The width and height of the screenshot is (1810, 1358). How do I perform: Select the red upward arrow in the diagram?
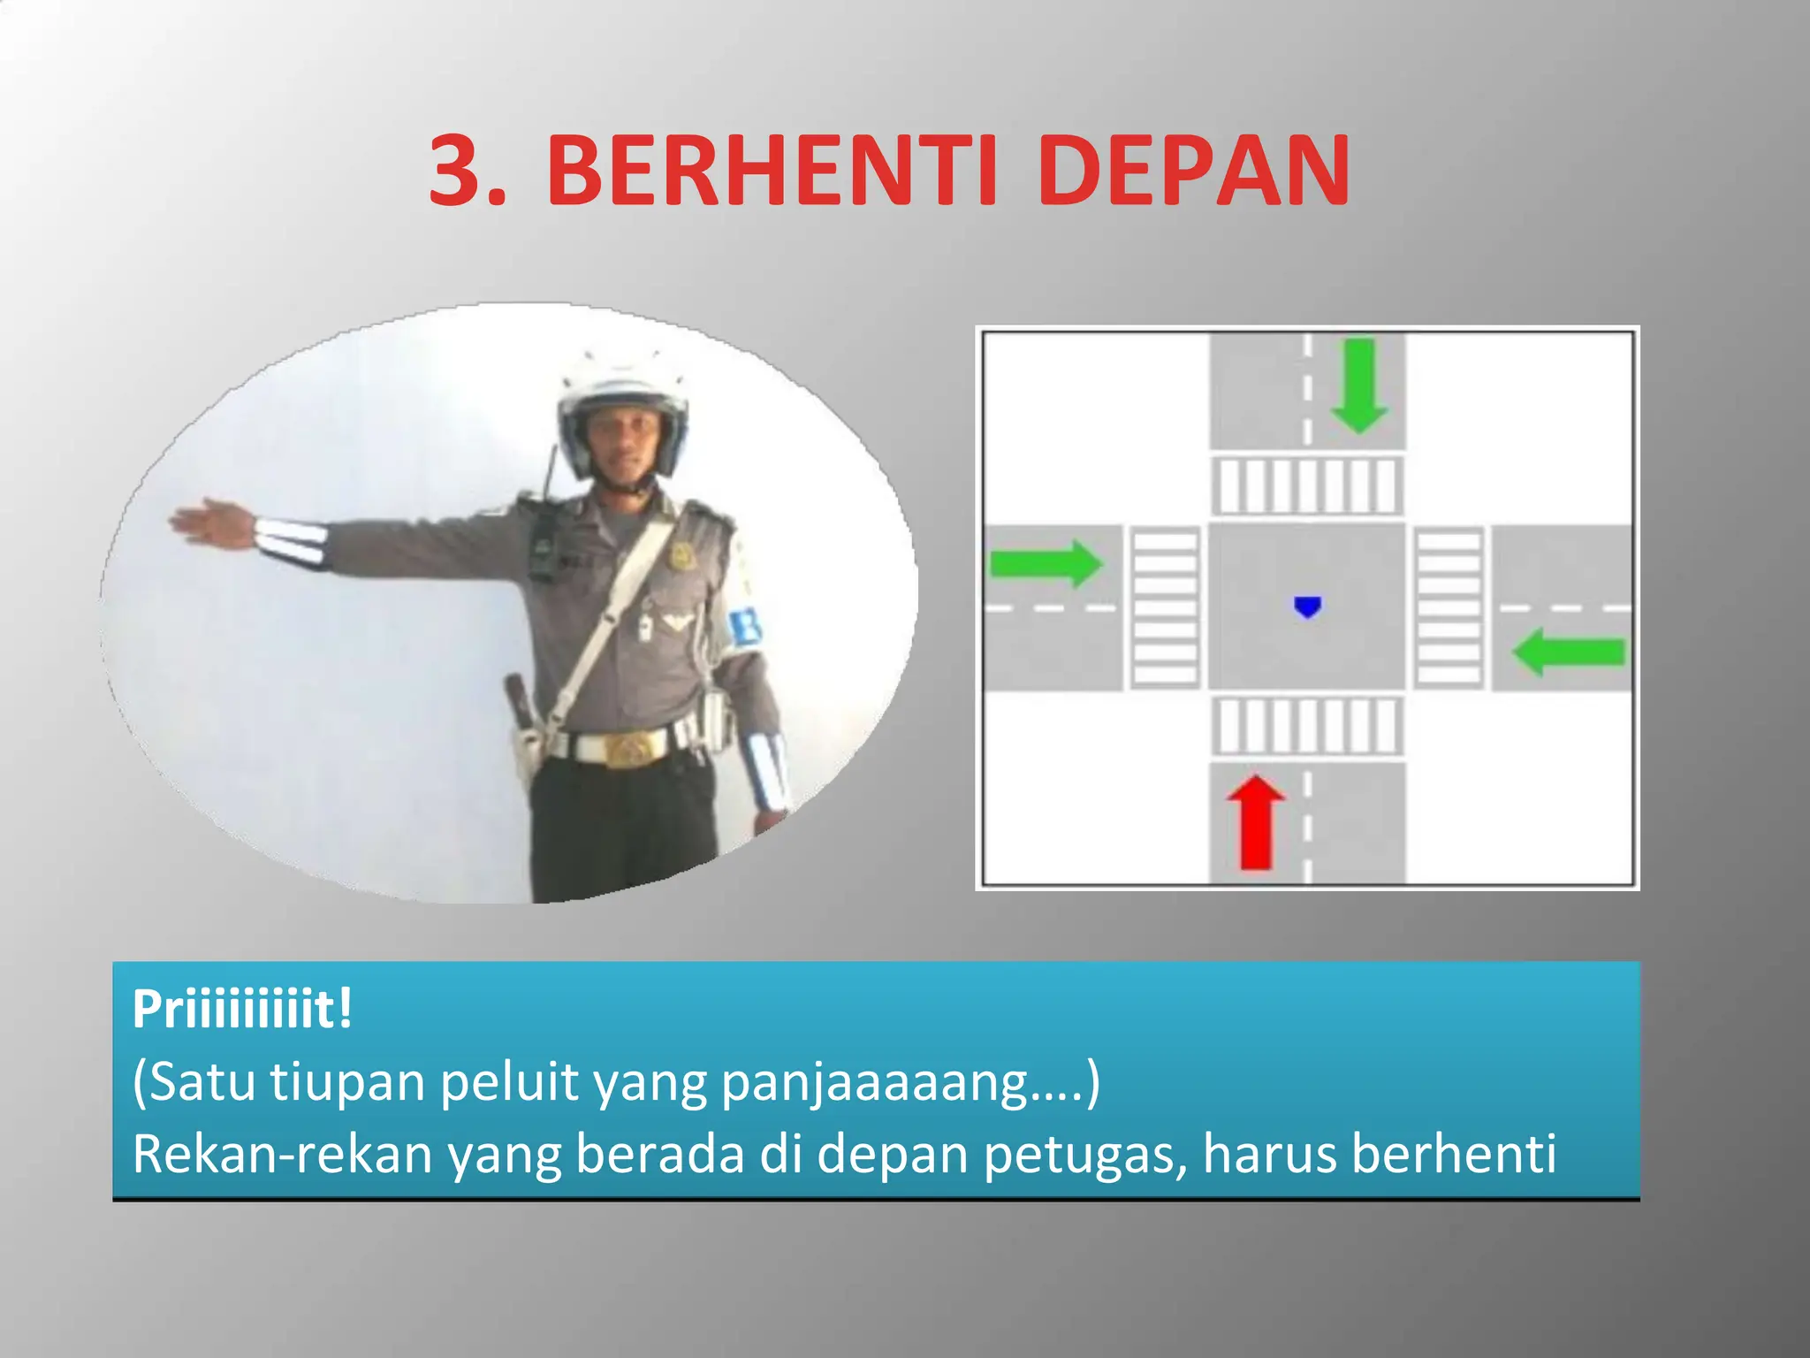tap(1256, 822)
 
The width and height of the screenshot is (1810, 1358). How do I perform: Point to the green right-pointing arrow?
tap(1046, 563)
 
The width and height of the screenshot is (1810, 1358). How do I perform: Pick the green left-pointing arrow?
tap(1568, 652)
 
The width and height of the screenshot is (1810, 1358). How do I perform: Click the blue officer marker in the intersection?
tap(1307, 607)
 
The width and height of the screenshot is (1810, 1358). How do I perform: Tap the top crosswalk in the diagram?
tap(1306, 485)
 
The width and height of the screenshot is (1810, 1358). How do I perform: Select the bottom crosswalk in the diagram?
tap(1306, 726)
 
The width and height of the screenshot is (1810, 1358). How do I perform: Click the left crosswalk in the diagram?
tap(1166, 607)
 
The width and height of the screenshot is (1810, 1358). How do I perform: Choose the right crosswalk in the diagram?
tap(1449, 607)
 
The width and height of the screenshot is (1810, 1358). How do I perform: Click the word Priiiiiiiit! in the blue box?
tap(242, 1009)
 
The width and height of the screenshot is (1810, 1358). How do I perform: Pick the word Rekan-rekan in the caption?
tap(283, 1155)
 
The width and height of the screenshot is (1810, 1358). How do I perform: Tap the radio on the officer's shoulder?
tap(544, 539)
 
